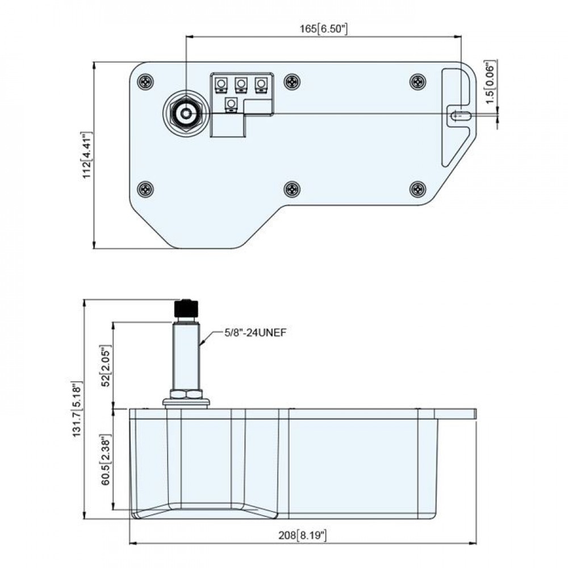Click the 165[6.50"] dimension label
(x=323, y=29)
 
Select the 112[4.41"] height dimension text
(x=87, y=154)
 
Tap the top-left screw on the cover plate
(x=145, y=81)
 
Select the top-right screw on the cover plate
(x=417, y=81)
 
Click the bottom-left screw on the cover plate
(x=145, y=189)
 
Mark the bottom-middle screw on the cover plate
(x=292, y=189)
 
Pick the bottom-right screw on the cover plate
(x=417, y=189)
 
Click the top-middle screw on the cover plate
(x=292, y=81)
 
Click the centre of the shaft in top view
(x=186, y=114)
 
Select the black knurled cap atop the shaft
(x=186, y=308)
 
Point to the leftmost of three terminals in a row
(x=220, y=85)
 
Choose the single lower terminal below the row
(x=231, y=105)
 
